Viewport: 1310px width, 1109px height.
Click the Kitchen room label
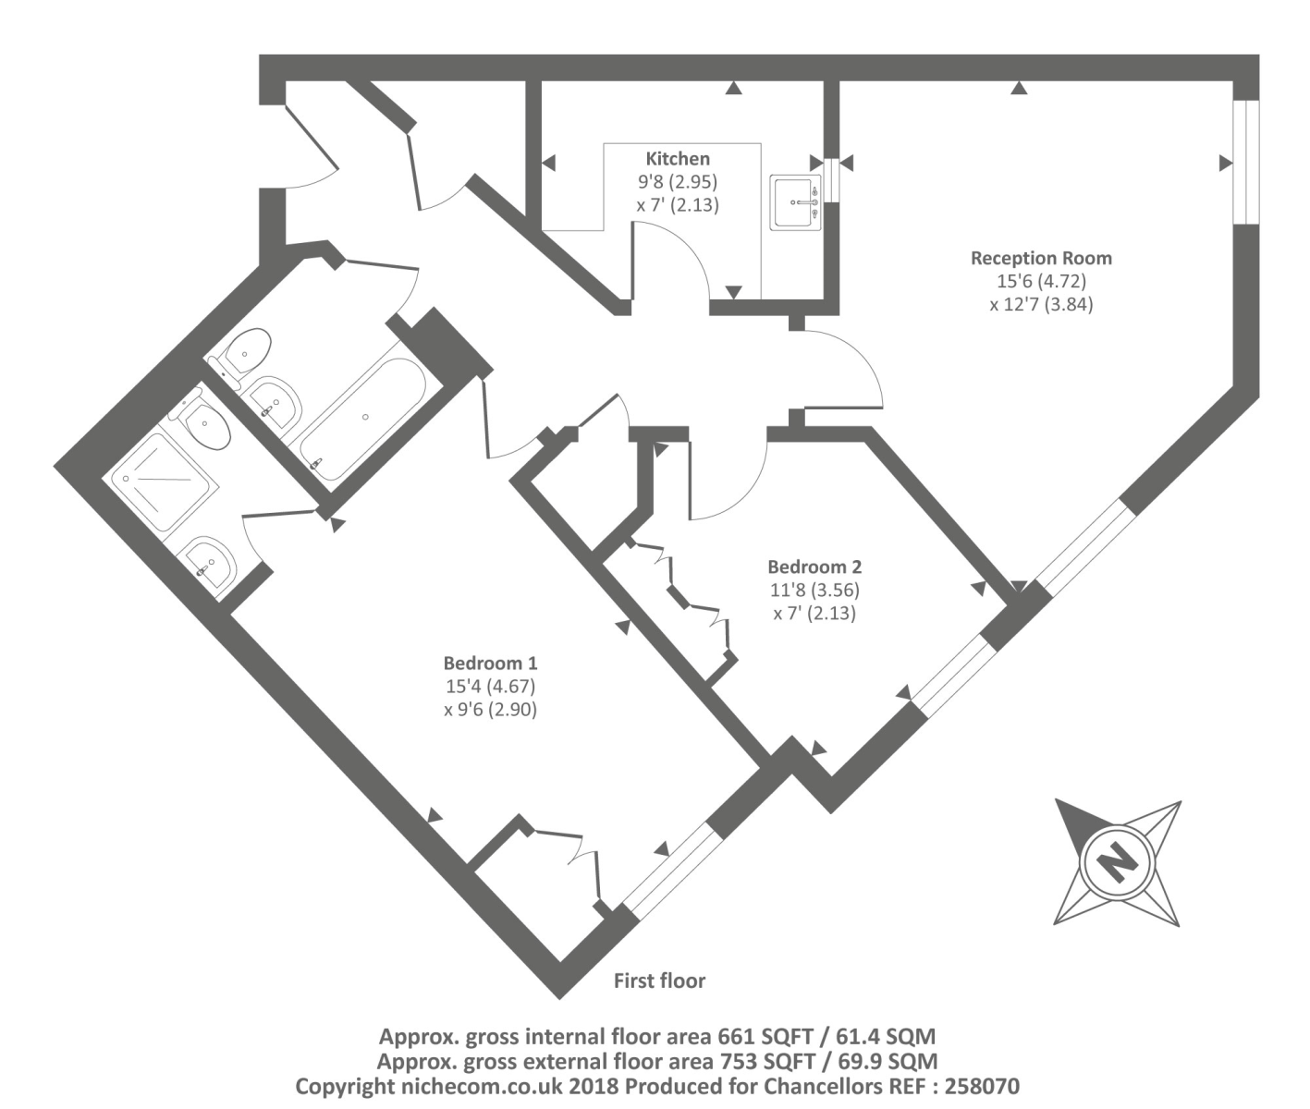point(678,159)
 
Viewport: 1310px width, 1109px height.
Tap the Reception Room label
point(1041,258)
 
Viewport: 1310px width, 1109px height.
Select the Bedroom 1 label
point(490,663)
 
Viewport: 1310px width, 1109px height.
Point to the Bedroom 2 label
point(814,567)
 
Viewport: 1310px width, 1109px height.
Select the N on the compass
point(1117,862)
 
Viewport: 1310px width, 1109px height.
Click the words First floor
point(659,981)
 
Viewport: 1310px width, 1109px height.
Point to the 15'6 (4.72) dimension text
point(1041,281)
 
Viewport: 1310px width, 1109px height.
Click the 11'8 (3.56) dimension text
point(814,590)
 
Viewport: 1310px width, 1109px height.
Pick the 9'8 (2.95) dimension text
point(678,182)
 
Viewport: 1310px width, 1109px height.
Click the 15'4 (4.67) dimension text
point(490,687)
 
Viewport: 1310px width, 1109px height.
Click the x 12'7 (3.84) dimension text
point(1041,303)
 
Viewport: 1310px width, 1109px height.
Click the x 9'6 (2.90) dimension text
point(490,710)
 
